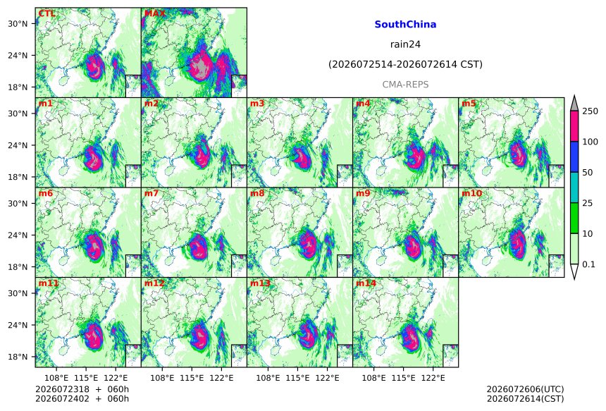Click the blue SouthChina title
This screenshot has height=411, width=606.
click(x=405, y=25)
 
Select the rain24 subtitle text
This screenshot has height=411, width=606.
click(x=405, y=44)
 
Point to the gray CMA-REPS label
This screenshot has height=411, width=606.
click(x=405, y=85)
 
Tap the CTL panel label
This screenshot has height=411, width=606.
click(x=47, y=13)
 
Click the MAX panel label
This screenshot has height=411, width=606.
click(x=154, y=13)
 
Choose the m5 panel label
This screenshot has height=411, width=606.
click(x=469, y=104)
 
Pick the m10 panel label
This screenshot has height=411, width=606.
click(x=471, y=193)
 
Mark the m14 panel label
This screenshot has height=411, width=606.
click(x=366, y=283)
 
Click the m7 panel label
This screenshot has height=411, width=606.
click(x=151, y=193)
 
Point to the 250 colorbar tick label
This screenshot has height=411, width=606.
click(x=590, y=111)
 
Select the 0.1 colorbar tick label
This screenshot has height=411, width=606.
click(x=588, y=264)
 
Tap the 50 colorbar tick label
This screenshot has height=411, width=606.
click(x=588, y=173)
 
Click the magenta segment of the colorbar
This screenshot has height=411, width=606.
click(x=574, y=126)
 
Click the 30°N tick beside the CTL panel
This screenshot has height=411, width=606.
click(x=18, y=23)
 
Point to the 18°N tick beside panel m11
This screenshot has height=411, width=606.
click(x=18, y=357)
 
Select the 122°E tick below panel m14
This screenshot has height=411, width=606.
click(x=433, y=377)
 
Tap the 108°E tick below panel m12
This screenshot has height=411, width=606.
click(x=162, y=377)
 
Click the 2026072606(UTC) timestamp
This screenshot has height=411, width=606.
click(x=525, y=389)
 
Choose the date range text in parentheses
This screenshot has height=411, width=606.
click(x=405, y=64)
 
